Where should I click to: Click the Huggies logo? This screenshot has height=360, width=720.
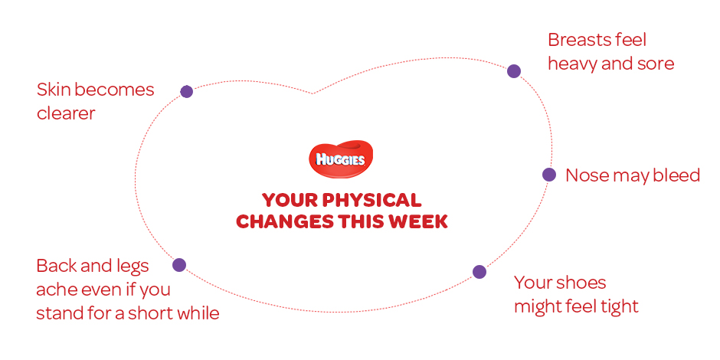point(340,159)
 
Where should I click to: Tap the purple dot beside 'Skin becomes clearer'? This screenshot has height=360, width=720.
point(186,91)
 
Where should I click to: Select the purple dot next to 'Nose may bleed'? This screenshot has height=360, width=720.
point(548,175)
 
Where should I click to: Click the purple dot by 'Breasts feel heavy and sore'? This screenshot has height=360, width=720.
point(514,71)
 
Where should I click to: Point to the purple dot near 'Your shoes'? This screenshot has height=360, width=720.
point(479,272)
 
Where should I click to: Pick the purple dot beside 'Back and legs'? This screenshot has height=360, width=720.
point(179,265)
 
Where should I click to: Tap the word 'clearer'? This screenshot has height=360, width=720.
point(66,113)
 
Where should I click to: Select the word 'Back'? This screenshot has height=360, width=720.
point(54,266)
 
